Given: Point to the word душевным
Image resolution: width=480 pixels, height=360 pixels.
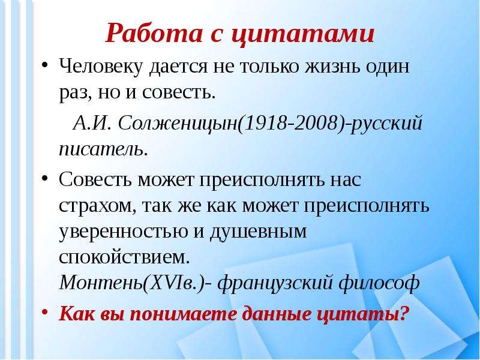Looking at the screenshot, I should click(256, 232).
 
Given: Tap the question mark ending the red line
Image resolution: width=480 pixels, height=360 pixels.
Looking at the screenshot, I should click(404, 313).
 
